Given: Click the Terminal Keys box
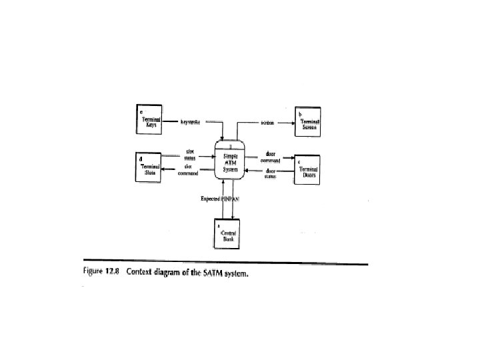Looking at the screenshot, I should tap(152, 122).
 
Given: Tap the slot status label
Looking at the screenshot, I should tap(190, 155).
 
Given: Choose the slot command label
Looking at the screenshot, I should tap(190, 171).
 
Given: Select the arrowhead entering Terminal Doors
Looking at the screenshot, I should tap(294, 159).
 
